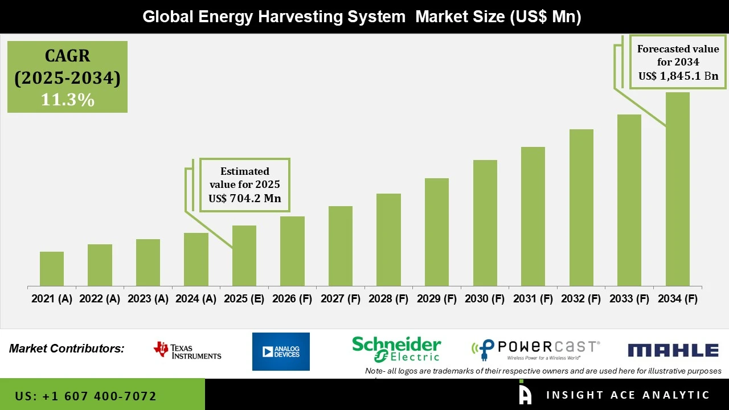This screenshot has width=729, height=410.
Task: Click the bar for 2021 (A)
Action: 52,269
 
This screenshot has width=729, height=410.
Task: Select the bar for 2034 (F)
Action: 677,189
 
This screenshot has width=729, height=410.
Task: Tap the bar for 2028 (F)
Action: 388,240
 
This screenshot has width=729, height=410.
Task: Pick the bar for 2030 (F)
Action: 485,223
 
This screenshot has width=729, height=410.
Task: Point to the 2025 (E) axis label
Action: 244,299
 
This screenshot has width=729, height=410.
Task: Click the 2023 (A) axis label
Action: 148,299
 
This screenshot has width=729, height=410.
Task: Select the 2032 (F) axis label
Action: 581,299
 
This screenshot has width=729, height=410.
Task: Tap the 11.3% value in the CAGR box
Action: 67,100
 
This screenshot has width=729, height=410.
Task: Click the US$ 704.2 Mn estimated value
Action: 245,198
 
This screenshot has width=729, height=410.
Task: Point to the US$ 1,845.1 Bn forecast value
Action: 678,76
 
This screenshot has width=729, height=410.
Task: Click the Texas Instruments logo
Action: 187,351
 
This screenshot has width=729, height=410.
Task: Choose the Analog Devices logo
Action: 281,351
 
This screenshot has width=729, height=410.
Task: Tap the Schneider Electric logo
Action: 396,348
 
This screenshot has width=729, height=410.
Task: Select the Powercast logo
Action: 535,350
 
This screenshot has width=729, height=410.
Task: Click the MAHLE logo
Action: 673,350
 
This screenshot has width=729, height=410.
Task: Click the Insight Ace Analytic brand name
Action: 628,395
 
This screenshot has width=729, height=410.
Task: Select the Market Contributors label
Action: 67,348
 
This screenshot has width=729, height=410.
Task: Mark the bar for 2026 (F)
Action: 292,251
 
